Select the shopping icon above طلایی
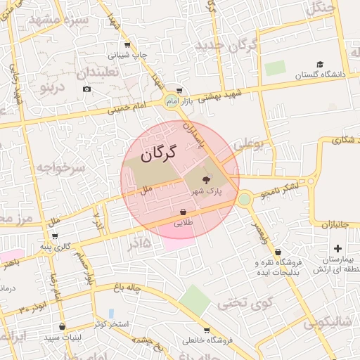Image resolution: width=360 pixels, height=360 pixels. coord(183,211)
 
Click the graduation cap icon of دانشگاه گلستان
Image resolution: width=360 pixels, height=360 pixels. coord(320,65)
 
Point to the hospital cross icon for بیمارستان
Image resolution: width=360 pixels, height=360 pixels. coord(338,247)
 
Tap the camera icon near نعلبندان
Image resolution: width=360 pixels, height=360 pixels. coord(86,89)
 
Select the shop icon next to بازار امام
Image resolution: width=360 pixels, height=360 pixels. coord(179,90)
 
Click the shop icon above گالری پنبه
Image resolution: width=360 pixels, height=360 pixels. coord(54,236)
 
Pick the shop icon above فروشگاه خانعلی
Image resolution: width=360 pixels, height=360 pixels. coord(206,330)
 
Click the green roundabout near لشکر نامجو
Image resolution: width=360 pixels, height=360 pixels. coord(244,199)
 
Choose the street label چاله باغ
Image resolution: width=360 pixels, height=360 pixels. coord(130,287)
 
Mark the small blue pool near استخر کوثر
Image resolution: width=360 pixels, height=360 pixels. coord(110,313)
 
